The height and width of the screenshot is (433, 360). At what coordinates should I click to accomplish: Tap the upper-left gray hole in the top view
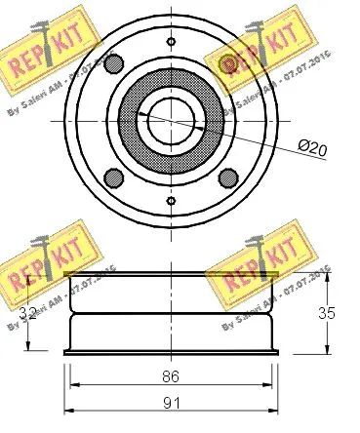(114, 65)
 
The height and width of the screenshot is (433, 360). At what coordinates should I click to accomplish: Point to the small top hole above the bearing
(171, 40)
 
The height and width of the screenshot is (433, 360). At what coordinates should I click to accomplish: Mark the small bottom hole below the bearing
(171, 200)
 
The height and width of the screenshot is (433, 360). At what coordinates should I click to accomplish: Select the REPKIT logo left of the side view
(39, 263)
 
